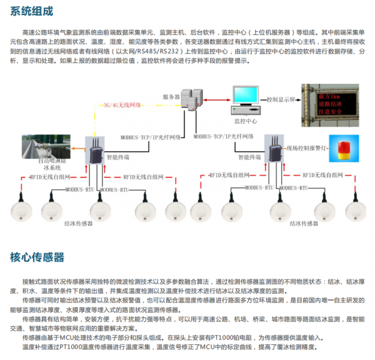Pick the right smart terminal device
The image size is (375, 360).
coord(274,149)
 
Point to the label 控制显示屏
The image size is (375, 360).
coord(281,99)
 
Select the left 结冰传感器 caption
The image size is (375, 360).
coord(78,222)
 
